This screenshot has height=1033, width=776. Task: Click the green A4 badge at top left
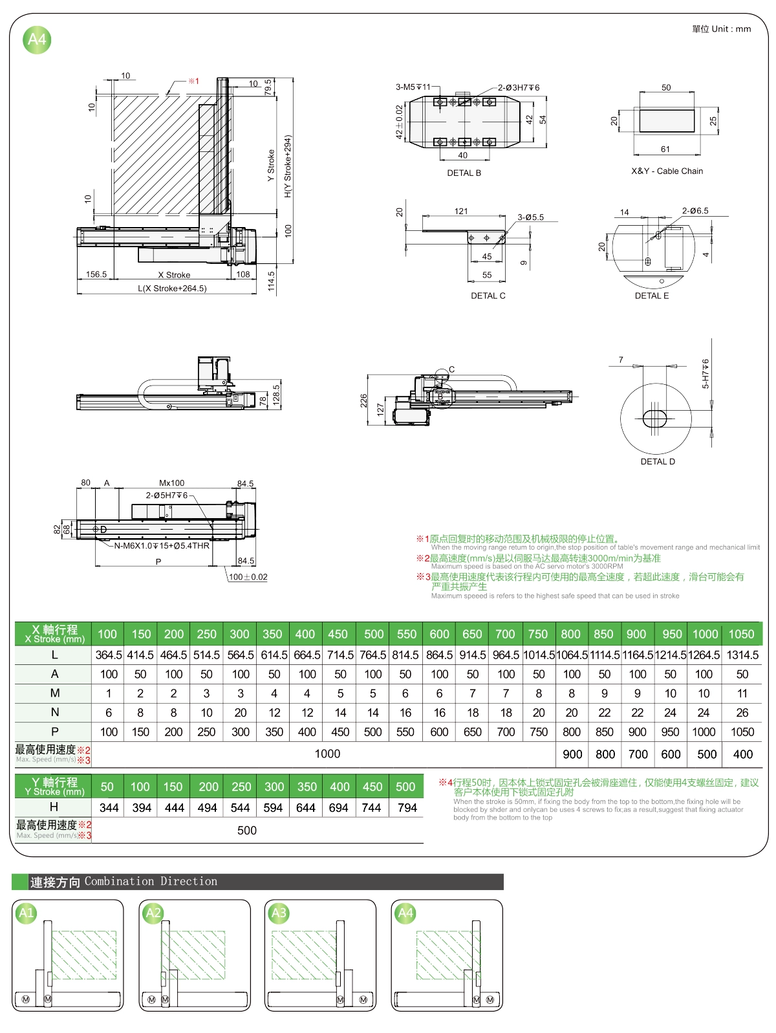[x=37, y=40]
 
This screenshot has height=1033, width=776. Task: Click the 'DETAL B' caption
[x=464, y=173]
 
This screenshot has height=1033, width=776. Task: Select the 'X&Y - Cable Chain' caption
[x=667, y=171]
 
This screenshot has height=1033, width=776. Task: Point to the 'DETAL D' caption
[x=657, y=461]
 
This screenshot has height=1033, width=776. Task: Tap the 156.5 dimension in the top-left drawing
[x=96, y=274]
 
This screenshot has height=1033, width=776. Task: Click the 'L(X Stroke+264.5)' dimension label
[x=172, y=288]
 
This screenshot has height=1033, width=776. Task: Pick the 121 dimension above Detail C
[x=461, y=211]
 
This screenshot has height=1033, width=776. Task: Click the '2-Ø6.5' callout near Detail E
[x=695, y=211]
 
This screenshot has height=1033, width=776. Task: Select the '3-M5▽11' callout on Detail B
[x=413, y=87]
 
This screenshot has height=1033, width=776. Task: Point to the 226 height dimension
[x=363, y=400]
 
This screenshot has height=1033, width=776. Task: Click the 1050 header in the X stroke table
[x=741, y=634]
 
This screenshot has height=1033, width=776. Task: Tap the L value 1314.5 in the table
[x=742, y=655]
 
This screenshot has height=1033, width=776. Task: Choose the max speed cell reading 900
[x=572, y=754]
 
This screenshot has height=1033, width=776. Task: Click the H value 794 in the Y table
[x=407, y=807]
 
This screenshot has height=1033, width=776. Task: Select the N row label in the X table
[x=54, y=712]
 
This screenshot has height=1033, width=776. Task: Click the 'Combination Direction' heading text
[x=151, y=881]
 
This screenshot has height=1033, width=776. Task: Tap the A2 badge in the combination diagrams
[x=153, y=913]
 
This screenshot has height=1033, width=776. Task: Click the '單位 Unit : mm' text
[x=721, y=28]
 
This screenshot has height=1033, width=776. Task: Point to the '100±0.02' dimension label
[x=248, y=577]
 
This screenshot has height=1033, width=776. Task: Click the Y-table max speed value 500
[x=246, y=830]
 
